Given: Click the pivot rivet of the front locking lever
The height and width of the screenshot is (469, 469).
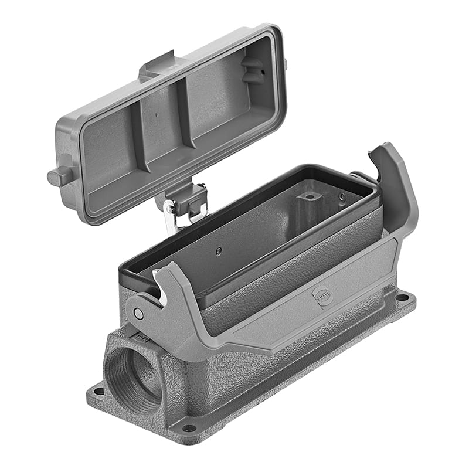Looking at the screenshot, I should coord(138,314).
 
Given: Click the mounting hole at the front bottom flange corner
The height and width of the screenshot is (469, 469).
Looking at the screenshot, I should coord(189,427).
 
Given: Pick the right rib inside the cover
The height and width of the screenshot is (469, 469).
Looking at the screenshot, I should coord(185,111).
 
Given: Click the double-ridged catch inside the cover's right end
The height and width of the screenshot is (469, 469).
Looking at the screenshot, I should coord(253,70).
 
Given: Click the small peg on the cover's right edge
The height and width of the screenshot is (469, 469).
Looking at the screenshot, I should coord(285,63).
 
